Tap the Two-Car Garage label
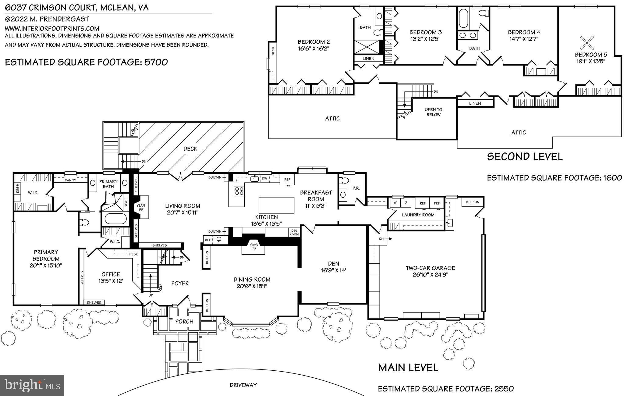pyautogui.click(x=430, y=268)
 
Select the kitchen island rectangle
pyautogui.click(x=276, y=205)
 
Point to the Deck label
pyautogui.click(x=190, y=149)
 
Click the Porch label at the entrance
pyautogui.click(x=184, y=321)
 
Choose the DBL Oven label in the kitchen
pyautogui.click(x=294, y=232)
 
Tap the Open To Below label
pyautogui.click(x=433, y=112)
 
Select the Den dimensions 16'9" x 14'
pyautogui.click(x=334, y=270)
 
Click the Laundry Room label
pyautogui.click(x=418, y=215)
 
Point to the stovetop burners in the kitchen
pyautogui.click(x=239, y=191)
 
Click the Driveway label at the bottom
pyautogui.click(x=243, y=385)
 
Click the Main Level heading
pyautogui.click(x=408, y=367)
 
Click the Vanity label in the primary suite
pyautogui.click(x=70, y=180)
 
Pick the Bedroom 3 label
pyautogui.click(x=425, y=32)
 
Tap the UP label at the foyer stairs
pyautogui.click(x=151, y=295)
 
